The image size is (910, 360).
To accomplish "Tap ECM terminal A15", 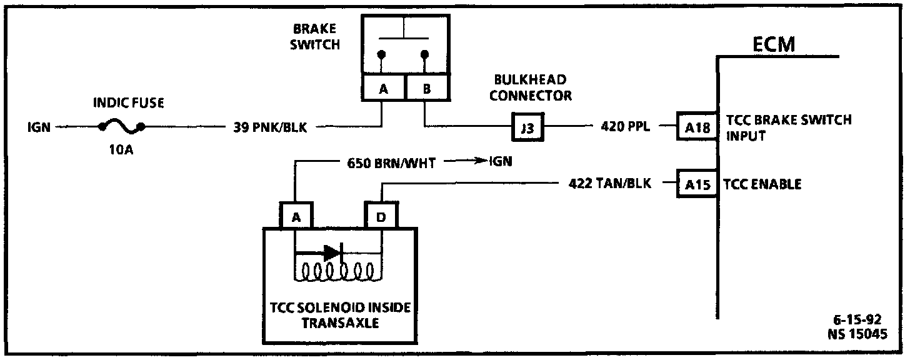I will click(697, 184).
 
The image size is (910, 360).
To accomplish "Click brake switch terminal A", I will click(384, 89).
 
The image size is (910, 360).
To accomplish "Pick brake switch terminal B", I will click(427, 89).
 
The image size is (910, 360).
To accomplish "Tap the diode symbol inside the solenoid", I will click(332, 252).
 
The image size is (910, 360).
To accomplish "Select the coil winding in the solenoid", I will click(337, 271).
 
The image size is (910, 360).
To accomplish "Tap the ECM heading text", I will click(774, 45).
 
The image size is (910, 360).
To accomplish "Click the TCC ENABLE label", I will click(762, 184).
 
